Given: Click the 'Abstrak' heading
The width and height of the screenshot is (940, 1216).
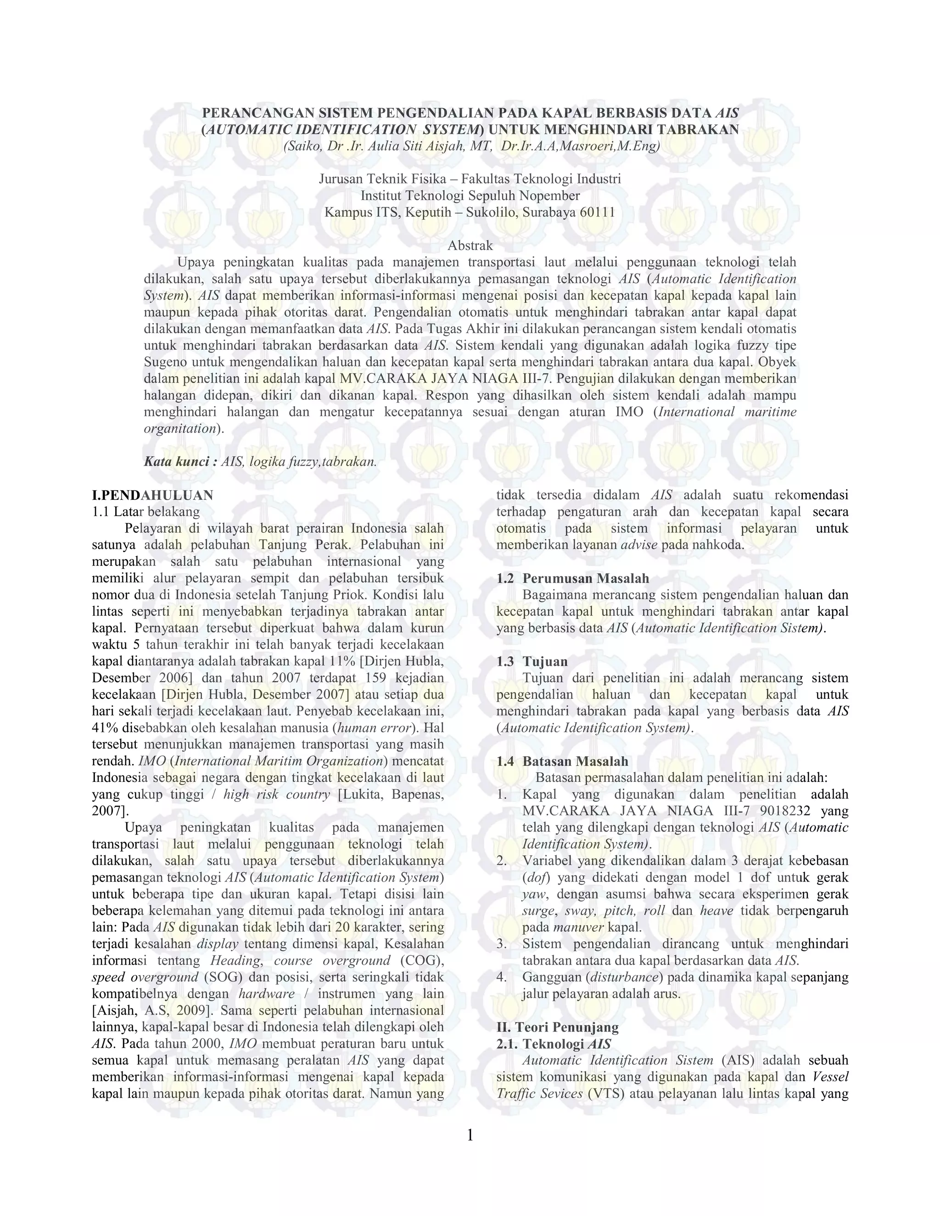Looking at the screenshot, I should tap(470, 245).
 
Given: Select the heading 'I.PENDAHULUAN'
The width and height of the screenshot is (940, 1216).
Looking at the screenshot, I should tap(152, 495).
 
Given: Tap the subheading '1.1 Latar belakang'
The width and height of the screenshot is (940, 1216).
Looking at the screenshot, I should tap(146, 511).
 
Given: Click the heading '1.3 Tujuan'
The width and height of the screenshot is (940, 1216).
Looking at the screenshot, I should tap(532, 661).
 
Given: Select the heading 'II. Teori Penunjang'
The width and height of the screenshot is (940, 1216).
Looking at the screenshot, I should tap(557, 1027).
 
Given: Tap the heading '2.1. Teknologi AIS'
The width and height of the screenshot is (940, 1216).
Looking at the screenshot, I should tap(554, 1044).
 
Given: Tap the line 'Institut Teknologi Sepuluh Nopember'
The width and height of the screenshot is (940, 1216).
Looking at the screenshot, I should tap(470, 195).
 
